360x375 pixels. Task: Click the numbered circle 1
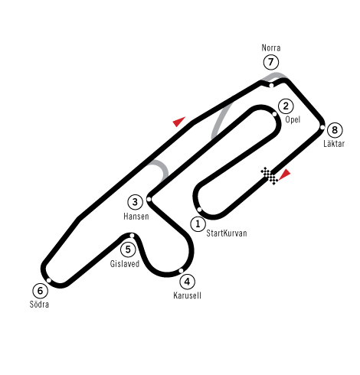[x=198, y=224]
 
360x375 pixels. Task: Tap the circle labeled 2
[x=286, y=106]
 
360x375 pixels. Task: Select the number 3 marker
[x=136, y=202]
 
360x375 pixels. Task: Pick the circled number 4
[x=188, y=282]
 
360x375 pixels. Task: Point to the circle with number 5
[x=128, y=249]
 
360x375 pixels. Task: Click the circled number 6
[x=40, y=291]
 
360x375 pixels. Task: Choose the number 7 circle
[x=271, y=62]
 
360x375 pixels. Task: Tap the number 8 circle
[x=335, y=130]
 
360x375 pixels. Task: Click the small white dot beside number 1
[x=199, y=210]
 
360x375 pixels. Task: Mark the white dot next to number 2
[x=274, y=114]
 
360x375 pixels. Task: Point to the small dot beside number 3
[x=149, y=199]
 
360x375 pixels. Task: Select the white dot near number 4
[x=181, y=270]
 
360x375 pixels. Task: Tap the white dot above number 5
[x=132, y=236]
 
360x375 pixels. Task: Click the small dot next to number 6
[x=48, y=280]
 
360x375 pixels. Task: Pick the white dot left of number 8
[x=322, y=127]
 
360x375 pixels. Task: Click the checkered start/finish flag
[x=270, y=176]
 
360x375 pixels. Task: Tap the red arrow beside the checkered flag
[x=285, y=174]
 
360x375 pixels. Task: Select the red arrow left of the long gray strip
[x=179, y=122]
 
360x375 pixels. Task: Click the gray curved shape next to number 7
[x=274, y=76]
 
